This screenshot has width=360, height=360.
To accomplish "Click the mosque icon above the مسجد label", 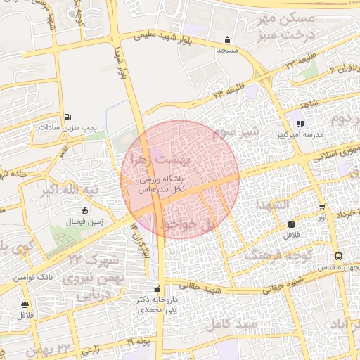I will (226, 40).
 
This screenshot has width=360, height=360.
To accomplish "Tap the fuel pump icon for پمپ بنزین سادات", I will (67, 117).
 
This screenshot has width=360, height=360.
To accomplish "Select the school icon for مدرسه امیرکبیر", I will (300, 124).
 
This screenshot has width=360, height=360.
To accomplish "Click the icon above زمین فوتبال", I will (85, 211).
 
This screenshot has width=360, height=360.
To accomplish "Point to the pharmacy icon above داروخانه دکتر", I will (157, 289).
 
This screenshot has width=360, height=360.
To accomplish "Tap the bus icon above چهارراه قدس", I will (339, 256).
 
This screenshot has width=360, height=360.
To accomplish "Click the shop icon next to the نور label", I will (322, 207).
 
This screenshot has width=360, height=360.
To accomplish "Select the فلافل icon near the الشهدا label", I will (291, 224).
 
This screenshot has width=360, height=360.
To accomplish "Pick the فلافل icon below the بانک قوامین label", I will (25, 304).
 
